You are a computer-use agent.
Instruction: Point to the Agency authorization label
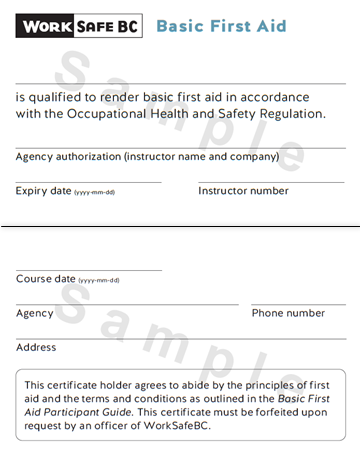(x=148, y=156)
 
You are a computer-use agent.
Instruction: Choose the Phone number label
(x=288, y=313)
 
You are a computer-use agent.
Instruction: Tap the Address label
(x=36, y=348)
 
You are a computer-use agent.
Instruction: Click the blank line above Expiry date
(x=88, y=182)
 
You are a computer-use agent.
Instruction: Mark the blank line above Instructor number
(x=271, y=182)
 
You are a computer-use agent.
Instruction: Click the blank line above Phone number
(x=298, y=304)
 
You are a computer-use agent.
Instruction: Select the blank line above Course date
(x=88, y=270)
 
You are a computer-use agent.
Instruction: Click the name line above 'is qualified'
(x=180, y=83)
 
